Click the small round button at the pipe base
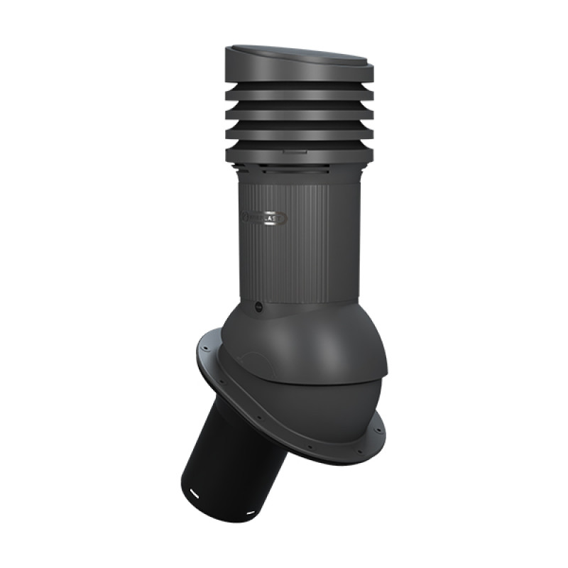point(258,307)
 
